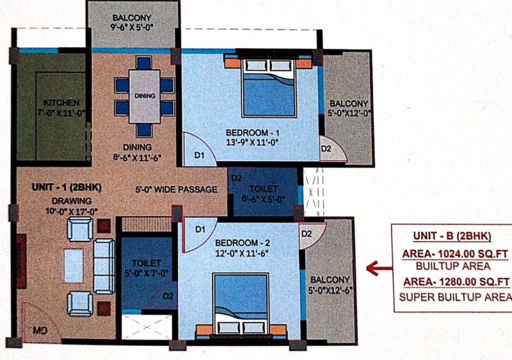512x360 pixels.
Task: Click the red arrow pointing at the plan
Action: coord(379,269)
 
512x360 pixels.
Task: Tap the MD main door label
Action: coord(40,331)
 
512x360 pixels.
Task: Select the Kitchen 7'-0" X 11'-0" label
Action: coord(61,107)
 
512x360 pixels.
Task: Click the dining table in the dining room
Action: coord(145,97)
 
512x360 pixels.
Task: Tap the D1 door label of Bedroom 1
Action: coord(199,155)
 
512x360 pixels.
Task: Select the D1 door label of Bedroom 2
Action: coord(200,230)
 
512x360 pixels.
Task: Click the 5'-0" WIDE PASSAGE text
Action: coord(177,189)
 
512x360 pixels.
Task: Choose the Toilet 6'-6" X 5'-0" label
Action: coord(263,194)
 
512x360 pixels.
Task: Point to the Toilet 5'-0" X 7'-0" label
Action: coord(147,268)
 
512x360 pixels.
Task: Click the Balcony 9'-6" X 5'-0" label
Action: coord(132,22)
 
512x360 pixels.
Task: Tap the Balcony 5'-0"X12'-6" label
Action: coord(330,285)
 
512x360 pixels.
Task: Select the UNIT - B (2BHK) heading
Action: coord(452,236)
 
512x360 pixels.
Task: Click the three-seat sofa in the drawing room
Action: coord(104,267)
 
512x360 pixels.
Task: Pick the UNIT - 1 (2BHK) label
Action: coord(67,187)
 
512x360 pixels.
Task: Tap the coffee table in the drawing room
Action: coord(74,266)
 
